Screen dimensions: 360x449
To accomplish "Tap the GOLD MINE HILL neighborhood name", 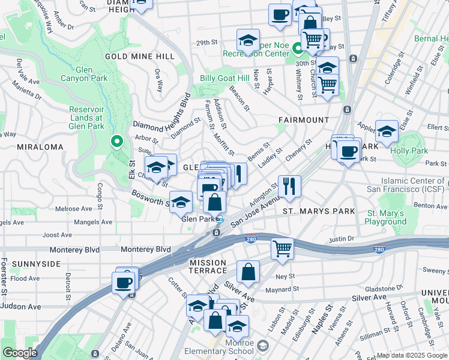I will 140,56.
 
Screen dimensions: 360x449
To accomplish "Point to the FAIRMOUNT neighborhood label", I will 304,120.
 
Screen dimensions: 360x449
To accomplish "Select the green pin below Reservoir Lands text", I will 117,142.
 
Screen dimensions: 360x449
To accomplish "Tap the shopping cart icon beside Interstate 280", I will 282,248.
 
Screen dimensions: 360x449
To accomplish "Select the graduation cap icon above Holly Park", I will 387,131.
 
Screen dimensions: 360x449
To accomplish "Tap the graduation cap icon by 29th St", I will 248,40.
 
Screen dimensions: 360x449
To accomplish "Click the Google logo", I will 20,353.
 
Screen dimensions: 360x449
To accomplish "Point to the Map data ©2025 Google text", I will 411,355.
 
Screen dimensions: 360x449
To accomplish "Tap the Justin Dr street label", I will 342,239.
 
